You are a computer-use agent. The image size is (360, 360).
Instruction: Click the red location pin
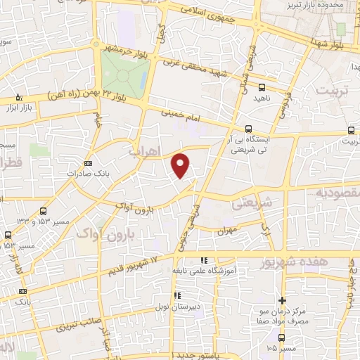(x=181, y=165)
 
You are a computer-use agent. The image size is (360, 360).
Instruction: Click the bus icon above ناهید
(x=262, y=88)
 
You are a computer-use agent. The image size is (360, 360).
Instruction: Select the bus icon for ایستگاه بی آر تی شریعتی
(x=247, y=129)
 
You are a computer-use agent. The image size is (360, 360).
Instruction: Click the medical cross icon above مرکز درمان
(x=283, y=300)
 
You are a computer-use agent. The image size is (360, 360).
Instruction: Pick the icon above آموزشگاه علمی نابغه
(x=204, y=261)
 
